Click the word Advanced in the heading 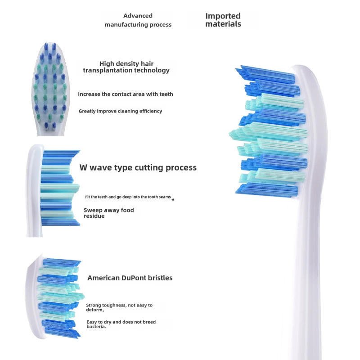pos(138,16)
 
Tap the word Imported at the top pos(223,16)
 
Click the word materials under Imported pos(223,24)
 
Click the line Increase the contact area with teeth pos(125,94)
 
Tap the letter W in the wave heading pos(83,168)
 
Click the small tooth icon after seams pos(173,198)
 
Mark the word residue pos(94,216)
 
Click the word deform pos(94,310)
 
